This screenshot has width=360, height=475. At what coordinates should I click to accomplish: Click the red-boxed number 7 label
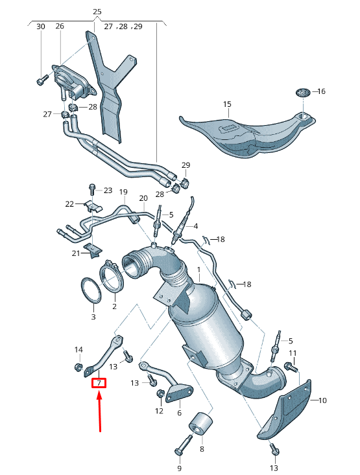coord(99,383)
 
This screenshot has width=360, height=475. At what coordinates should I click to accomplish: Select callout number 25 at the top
coord(97,12)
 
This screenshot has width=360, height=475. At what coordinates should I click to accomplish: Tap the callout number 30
coord(41,27)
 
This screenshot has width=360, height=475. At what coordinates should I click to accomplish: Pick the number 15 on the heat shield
coord(227,104)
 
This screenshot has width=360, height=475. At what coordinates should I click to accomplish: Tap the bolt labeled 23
coord(91,190)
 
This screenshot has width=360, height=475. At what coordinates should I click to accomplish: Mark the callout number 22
coord(70,204)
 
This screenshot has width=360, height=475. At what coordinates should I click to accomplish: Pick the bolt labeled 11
coord(289,367)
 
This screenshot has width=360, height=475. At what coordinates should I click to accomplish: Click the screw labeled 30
coord(42,80)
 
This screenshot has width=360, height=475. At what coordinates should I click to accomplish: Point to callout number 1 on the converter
coord(199,269)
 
